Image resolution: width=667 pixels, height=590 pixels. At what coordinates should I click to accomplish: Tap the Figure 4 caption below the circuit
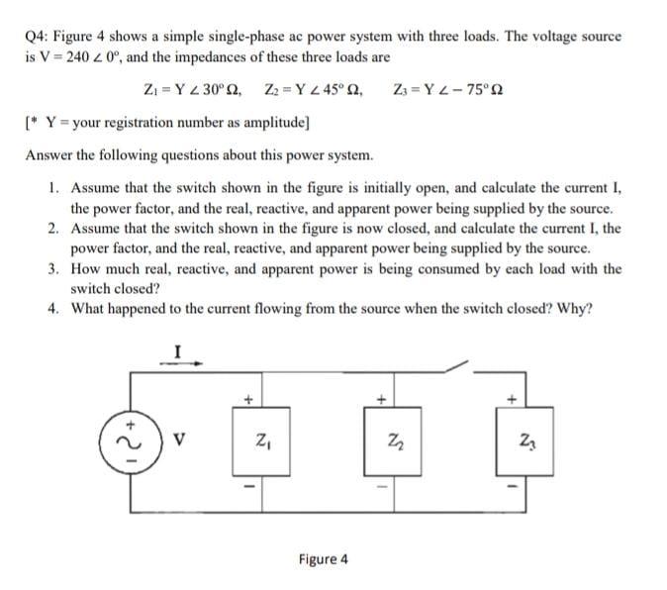click(323, 558)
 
